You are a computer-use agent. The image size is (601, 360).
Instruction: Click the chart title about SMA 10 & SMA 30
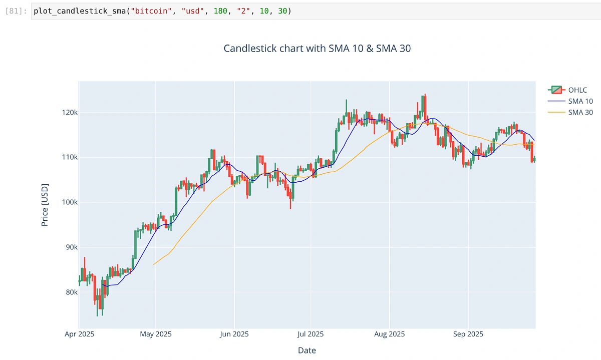317,49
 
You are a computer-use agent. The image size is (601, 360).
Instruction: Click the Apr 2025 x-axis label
79,334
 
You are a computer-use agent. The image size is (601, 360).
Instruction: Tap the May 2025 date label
156,334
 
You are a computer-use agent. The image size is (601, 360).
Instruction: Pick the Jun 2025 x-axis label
234,334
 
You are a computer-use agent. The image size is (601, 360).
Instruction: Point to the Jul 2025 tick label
311,334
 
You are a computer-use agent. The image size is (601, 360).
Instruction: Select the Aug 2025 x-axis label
389,334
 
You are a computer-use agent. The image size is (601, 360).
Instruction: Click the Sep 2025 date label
468,334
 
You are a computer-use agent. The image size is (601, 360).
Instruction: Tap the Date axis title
307,350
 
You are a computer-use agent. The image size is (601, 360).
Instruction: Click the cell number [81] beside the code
16,11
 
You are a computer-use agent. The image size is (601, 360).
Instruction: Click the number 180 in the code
220,11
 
